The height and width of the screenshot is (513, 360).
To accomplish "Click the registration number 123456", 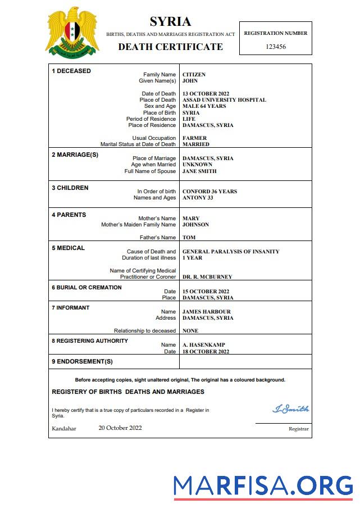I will click(275, 47).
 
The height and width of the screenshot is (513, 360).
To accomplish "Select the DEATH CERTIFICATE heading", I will click(170, 47).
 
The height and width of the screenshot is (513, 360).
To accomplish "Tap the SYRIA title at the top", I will click(170, 22).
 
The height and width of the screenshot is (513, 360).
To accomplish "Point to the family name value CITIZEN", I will click(194, 75).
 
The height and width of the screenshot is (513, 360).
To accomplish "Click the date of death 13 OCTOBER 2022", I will click(207, 94).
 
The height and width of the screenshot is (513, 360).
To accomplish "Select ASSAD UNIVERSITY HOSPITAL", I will click(224, 100).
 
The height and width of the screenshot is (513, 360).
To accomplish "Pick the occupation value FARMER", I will click(194, 138).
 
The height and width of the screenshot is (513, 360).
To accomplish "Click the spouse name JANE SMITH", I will click(199, 171).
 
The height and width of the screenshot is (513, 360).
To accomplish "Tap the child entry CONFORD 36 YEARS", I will click(209, 192).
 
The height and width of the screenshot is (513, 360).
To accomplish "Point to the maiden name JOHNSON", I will click(195, 225).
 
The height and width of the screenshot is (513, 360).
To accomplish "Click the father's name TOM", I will click(189, 238).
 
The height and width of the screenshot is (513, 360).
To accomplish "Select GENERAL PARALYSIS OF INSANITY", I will click(231, 252).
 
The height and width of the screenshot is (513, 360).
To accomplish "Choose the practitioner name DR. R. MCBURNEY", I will click(207, 277).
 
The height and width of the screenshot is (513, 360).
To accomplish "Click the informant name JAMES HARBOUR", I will click(206, 312).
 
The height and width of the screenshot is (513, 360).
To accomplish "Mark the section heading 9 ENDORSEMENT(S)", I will click(82, 361).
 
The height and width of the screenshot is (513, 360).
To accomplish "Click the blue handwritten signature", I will click(290, 409).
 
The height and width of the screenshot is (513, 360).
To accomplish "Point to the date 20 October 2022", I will click(120, 428).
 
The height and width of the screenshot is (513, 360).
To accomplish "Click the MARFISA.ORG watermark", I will click(263, 485).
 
